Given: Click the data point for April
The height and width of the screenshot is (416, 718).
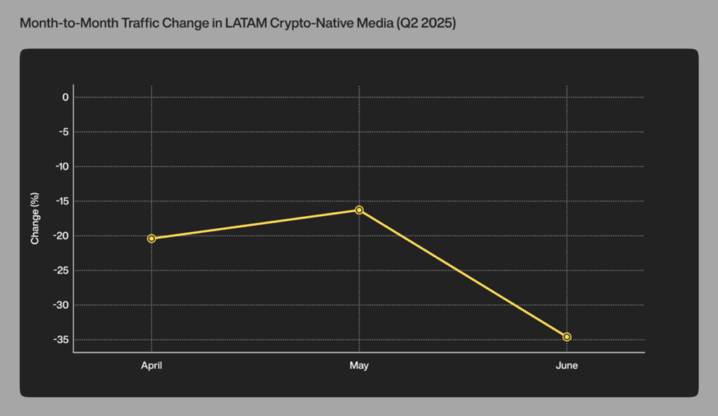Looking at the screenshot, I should (x=151, y=239).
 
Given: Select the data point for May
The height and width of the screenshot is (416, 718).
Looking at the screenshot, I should (x=359, y=210).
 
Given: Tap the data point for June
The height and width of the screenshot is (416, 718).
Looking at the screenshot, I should (x=567, y=337).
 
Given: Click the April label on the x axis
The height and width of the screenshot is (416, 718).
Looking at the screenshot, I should (x=151, y=365).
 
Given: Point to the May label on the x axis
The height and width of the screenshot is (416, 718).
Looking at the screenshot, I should (x=359, y=365).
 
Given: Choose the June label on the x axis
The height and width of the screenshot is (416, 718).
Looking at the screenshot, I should (x=567, y=365).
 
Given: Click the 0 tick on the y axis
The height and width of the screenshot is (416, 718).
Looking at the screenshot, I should (x=65, y=97).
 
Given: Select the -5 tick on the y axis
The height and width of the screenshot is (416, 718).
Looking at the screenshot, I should (x=63, y=132).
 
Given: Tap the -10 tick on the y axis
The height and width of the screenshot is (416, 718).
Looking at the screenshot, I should (x=62, y=166).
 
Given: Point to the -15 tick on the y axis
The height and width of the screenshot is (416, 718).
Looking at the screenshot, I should (x=62, y=201).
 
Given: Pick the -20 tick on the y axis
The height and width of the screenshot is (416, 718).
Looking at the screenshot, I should (x=62, y=236).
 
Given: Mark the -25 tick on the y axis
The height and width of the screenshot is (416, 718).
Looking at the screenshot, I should (x=62, y=271).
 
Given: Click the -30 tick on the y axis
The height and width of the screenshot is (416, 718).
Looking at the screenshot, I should (x=62, y=305).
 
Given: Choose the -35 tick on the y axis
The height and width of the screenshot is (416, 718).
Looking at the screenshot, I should (x=62, y=340).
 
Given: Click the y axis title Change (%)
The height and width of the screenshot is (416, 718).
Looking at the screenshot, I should (x=35, y=218).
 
